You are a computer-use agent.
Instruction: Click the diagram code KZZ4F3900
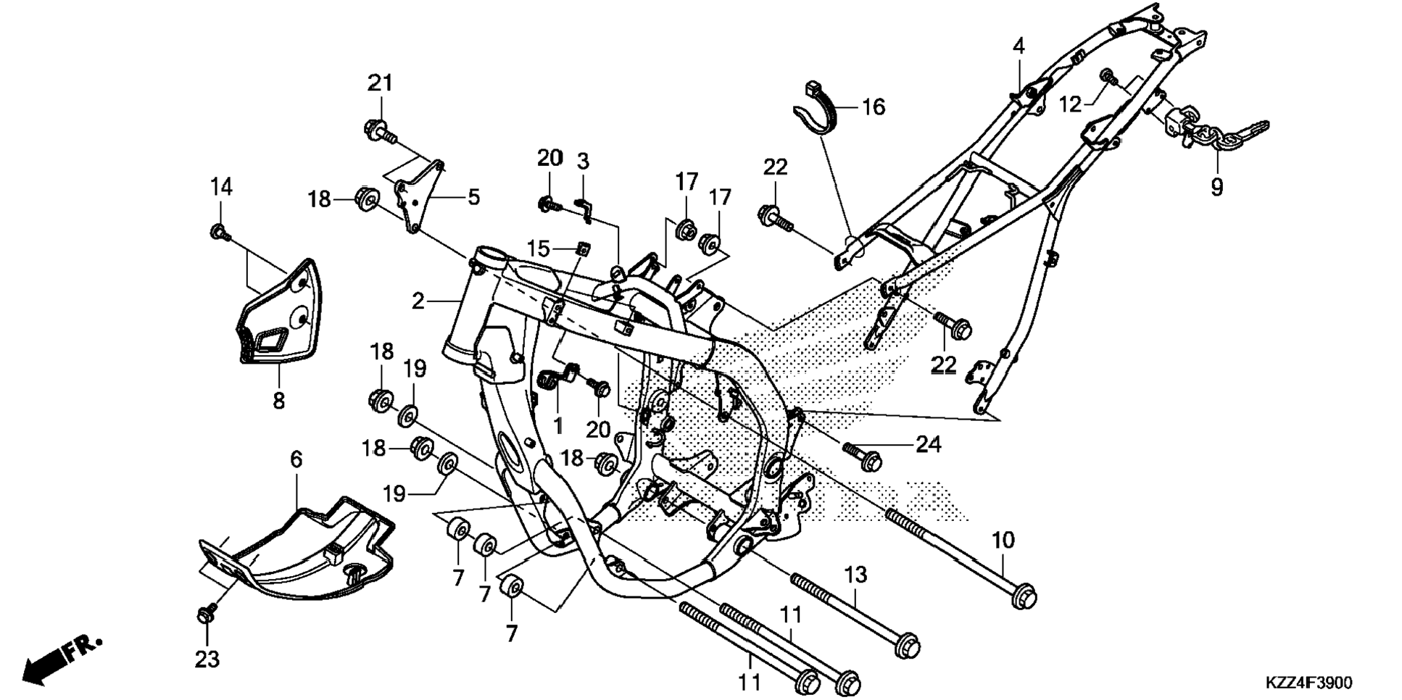[x=1308, y=683]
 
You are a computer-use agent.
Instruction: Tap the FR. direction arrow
[x=62, y=659]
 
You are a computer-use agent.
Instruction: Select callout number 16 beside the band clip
[x=874, y=107]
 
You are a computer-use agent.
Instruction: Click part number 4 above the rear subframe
[x=1019, y=46]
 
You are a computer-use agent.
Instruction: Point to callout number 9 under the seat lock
[x=1216, y=187]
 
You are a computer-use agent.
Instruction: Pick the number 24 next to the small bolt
[x=929, y=444]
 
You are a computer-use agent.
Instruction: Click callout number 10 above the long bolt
[x=1003, y=540]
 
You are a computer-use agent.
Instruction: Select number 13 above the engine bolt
[x=855, y=575]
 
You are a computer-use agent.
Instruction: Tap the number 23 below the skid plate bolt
[x=207, y=659]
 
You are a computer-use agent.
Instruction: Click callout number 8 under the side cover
[x=279, y=400]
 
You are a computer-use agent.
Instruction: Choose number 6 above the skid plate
[x=296, y=459]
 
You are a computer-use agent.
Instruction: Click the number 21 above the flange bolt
[x=380, y=83]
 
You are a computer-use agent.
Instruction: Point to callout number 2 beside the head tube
[x=418, y=301]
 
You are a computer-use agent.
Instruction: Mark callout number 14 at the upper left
[x=221, y=187]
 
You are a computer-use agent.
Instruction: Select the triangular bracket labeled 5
[x=418, y=196]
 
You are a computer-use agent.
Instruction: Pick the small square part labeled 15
[x=581, y=250]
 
